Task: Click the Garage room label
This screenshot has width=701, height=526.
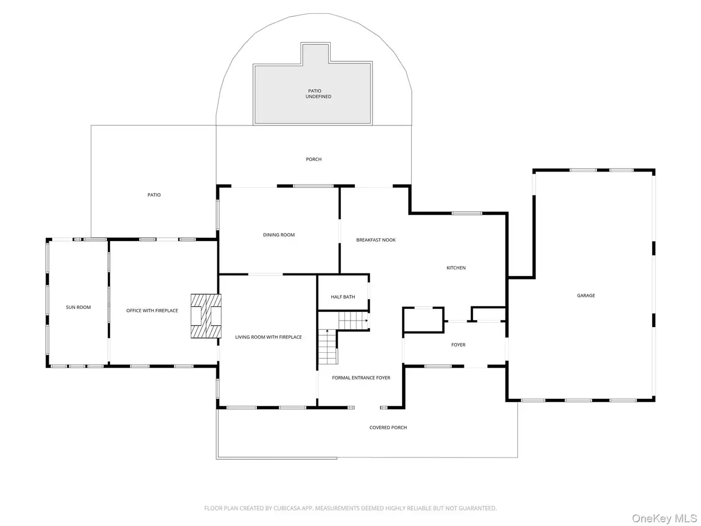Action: point(585,295)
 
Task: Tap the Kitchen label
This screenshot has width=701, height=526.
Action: point(456,267)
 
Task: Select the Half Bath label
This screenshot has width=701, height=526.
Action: point(343,296)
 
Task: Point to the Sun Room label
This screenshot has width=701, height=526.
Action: point(78,307)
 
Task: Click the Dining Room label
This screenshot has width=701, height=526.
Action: point(279,235)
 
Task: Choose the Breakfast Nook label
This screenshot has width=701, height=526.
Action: point(376,240)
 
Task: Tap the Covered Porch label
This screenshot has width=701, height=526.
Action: point(388,427)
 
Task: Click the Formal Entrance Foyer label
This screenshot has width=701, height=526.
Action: point(361,378)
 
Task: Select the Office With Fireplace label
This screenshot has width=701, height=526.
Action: point(152,311)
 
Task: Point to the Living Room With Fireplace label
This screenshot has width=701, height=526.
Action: point(268,337)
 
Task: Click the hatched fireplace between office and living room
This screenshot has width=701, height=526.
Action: point(206,316)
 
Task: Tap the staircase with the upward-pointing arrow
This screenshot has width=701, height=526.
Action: point(327,347)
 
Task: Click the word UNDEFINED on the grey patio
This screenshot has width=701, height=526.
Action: point(318,96)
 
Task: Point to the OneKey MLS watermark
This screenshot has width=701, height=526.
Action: point(664,518)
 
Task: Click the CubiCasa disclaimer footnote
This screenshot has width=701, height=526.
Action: point(350,508)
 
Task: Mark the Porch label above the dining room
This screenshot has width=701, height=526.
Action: point(314,159)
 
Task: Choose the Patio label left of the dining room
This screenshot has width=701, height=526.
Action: point(154,195)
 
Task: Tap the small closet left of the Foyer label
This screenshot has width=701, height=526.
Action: point(423,320)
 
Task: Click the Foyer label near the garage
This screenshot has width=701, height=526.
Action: point(458,345)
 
